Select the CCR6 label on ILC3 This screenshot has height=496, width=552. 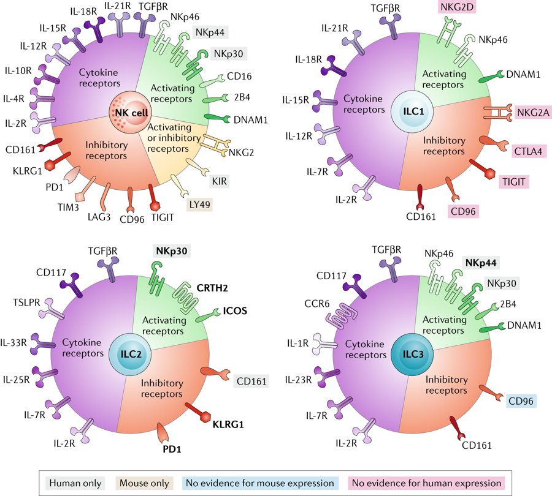(x=313, y=302)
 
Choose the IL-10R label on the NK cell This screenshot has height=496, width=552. (x=19, y=71)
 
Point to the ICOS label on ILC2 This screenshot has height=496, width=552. (x=235, y=310)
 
